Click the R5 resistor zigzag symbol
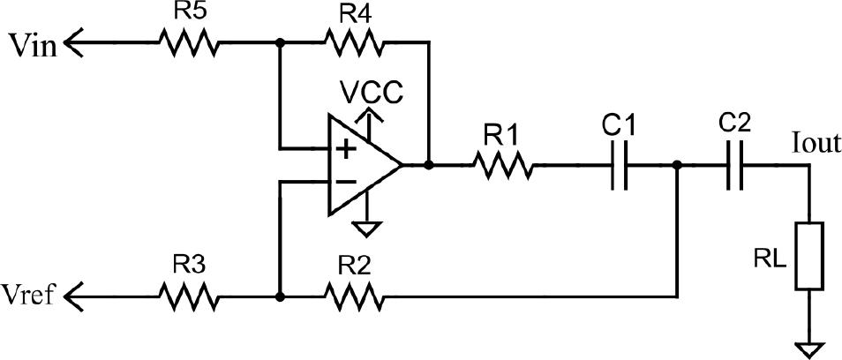pos(189,42)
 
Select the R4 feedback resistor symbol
pos(354,42)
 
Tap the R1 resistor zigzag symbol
pos(503,165)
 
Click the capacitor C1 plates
pos(620,165)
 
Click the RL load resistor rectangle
pos(808,256)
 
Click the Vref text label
pos(28,295)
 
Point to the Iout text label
pos(816,145)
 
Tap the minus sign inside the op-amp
pos(345,182)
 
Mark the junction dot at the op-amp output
pos(429,165)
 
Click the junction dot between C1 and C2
pos(677,165)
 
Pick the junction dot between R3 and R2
pos(280,296)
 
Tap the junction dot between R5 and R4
pos(280,42)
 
